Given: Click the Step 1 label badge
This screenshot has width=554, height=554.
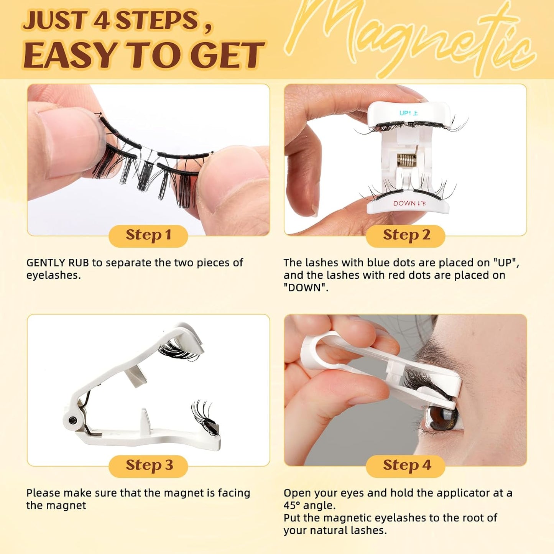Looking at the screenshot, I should click(x=148, y=235).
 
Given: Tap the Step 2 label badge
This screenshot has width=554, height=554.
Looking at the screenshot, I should click(x=406, y=235).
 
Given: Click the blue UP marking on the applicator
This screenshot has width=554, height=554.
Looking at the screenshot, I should click(x=408, y=113).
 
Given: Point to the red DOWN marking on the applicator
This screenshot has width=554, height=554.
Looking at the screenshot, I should click(x=409, y=203).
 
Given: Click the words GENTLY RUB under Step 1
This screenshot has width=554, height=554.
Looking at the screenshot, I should click(x=58, y=263).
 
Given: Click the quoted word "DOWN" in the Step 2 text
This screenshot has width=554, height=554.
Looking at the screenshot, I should click(x=305, y=288).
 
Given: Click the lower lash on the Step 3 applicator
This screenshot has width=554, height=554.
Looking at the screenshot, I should click(x=205, y=416).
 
